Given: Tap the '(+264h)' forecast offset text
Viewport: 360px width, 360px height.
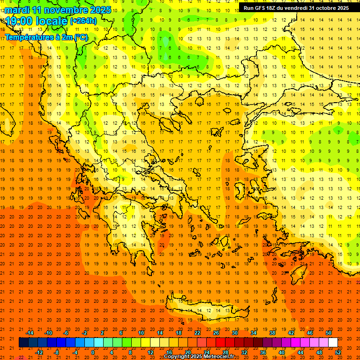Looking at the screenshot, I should point(83,21).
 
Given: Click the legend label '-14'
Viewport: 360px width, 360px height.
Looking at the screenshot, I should point(30,333).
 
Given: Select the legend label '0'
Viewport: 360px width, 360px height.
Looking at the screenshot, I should point(93,352).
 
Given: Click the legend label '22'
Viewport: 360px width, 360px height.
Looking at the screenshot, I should point(197,333).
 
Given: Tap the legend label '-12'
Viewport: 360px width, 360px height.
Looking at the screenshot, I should point(39,352).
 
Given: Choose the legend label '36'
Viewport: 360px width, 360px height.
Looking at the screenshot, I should point(263,352).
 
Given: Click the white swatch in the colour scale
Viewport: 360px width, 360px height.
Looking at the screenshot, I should point(333,343).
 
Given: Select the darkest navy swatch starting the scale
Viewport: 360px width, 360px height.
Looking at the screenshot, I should point(23,343).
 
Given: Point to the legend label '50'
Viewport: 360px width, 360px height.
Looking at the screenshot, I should point(329,333).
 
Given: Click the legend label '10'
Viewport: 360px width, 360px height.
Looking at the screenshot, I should point(141,333).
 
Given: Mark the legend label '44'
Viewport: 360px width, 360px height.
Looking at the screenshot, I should point(300,352).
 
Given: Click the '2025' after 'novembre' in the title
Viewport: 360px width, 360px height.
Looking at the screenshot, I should point(100,10).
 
